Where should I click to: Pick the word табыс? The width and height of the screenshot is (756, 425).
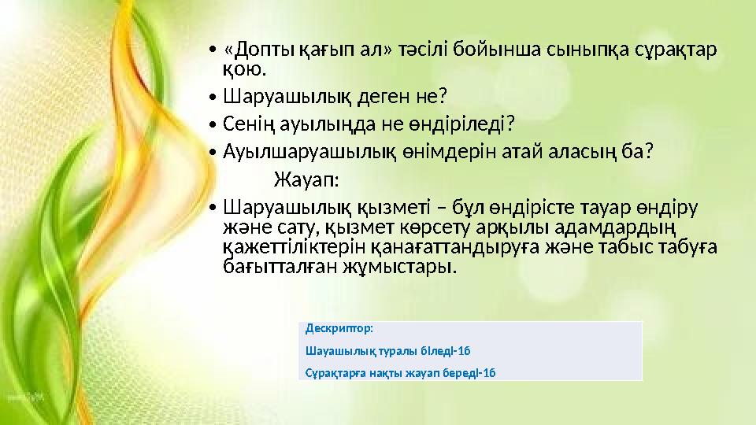click(637, 247)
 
